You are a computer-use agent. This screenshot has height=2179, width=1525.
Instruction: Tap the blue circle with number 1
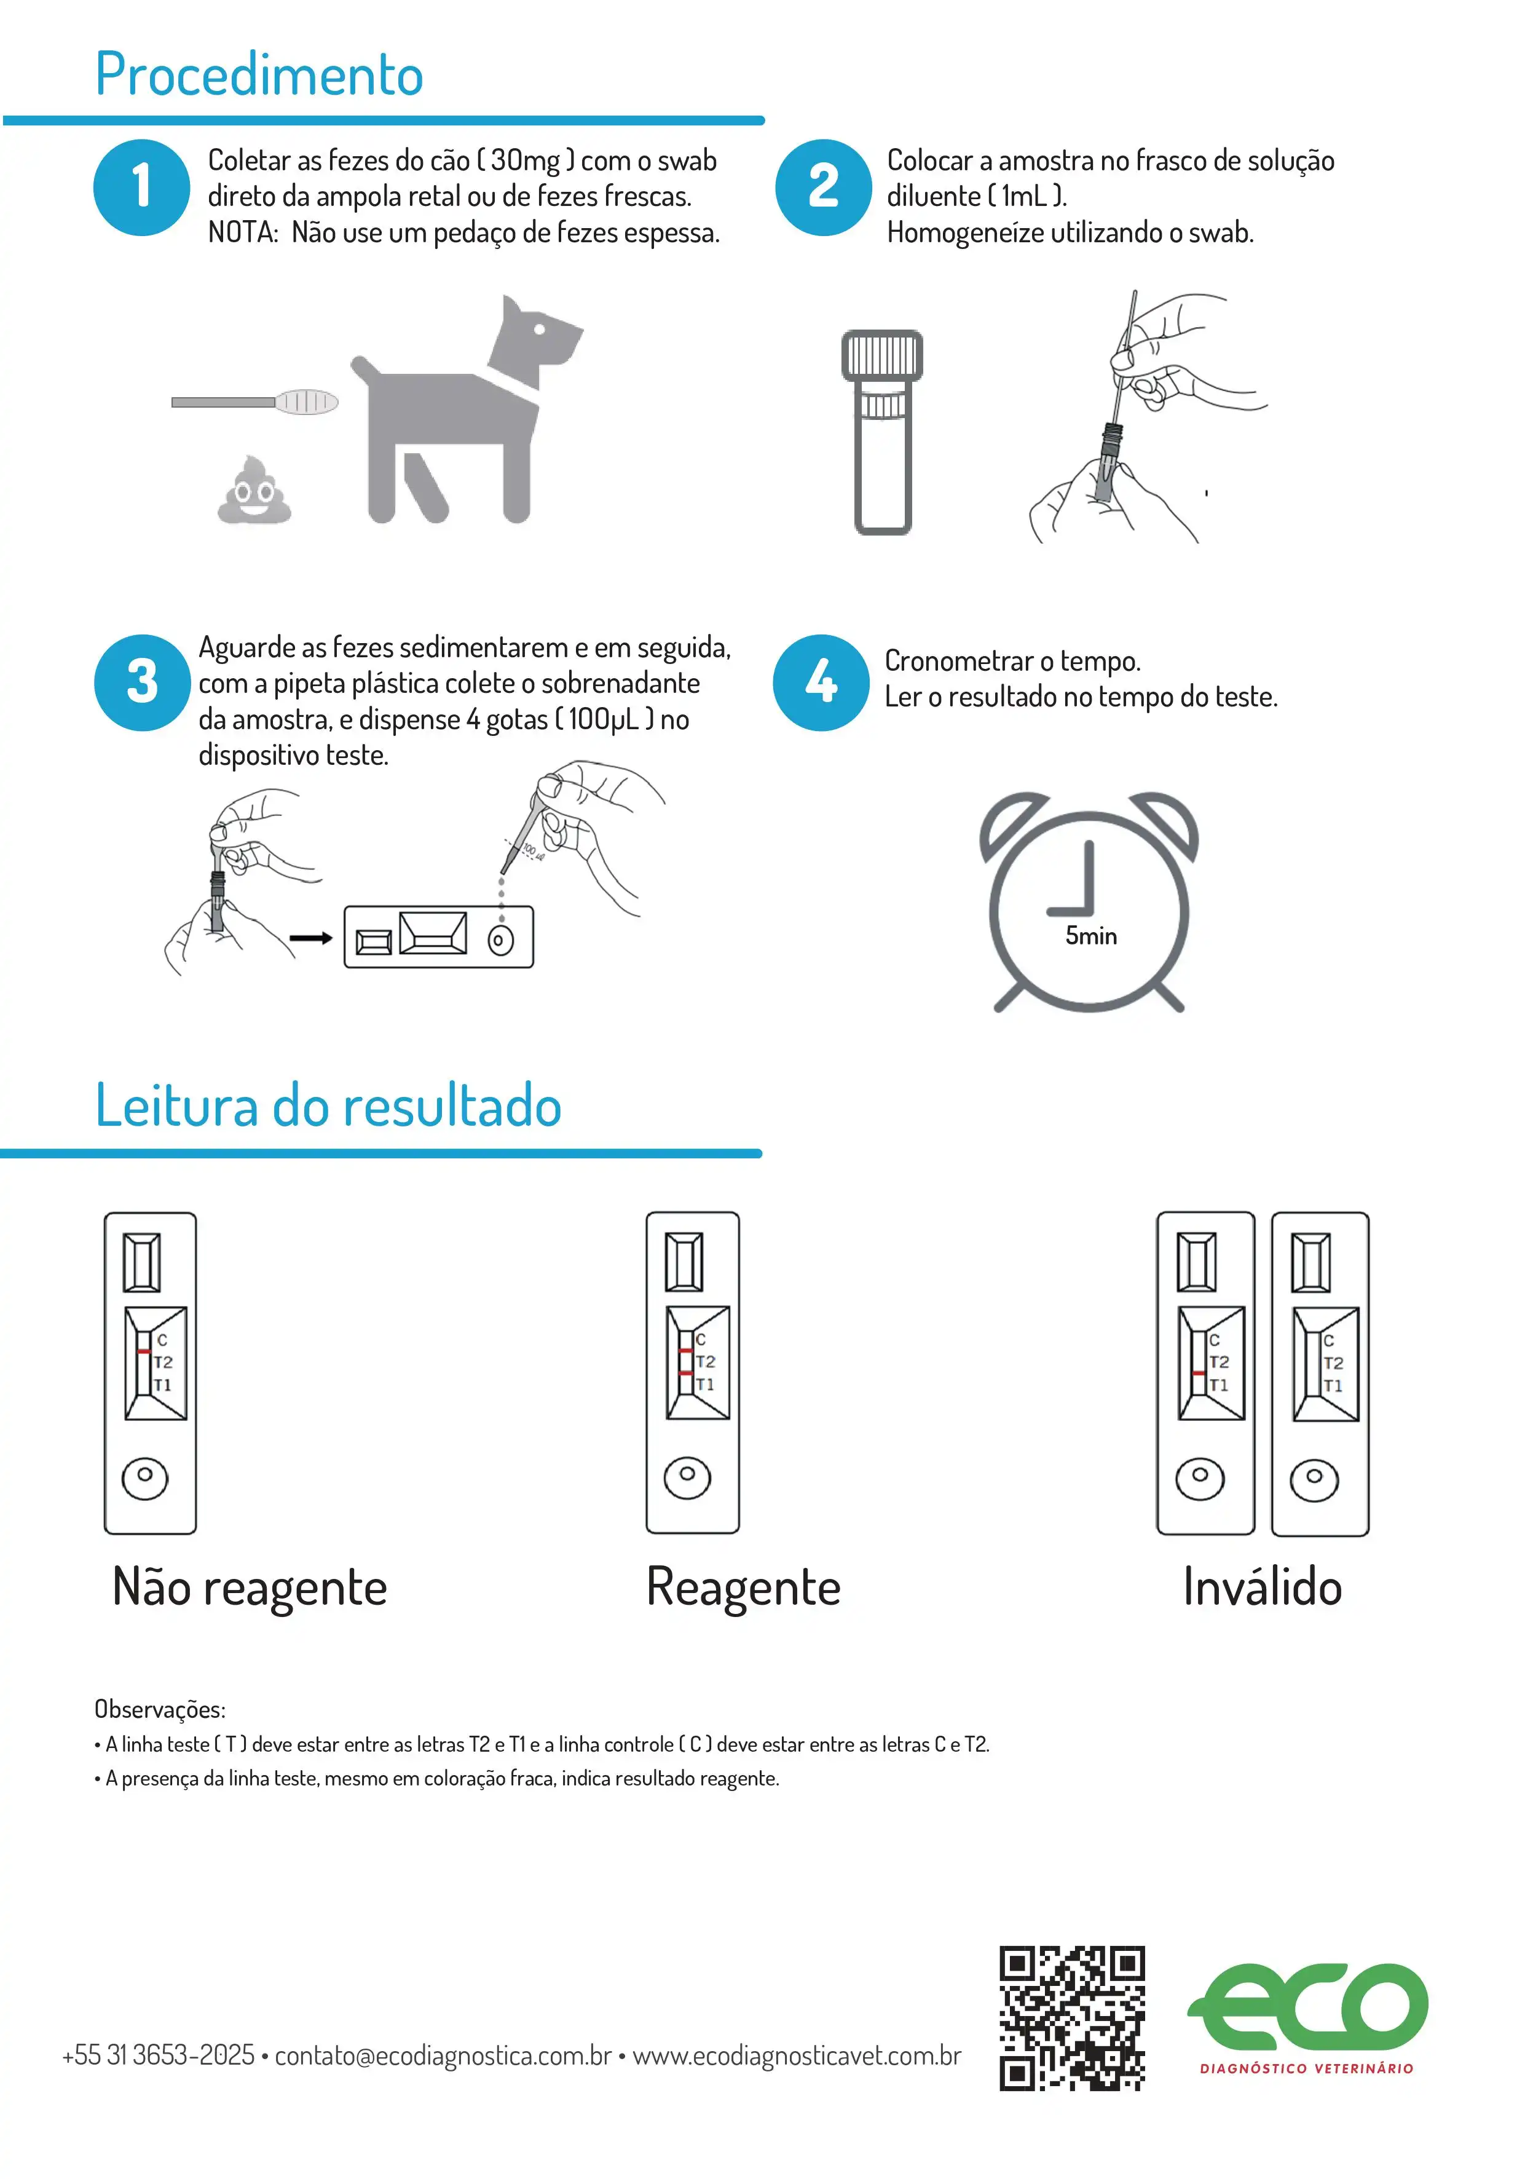141,187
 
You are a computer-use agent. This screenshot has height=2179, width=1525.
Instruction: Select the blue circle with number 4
821,681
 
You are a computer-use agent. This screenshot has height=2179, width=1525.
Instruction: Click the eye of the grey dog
539,330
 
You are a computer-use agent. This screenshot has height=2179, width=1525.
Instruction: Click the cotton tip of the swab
307,401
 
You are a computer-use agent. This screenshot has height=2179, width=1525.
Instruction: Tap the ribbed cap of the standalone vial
881,354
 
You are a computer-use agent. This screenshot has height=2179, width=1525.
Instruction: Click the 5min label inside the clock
1090,936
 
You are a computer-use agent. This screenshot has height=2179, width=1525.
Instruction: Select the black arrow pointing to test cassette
310,938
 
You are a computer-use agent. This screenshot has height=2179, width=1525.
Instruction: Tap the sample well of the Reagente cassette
687,1477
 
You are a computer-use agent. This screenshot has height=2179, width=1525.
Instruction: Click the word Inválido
1261,1587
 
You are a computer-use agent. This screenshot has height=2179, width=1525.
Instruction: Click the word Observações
159,1709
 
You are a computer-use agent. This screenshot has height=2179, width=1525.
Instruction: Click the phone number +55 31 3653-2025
159,2055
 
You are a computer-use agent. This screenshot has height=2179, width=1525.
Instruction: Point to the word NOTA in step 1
240,232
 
